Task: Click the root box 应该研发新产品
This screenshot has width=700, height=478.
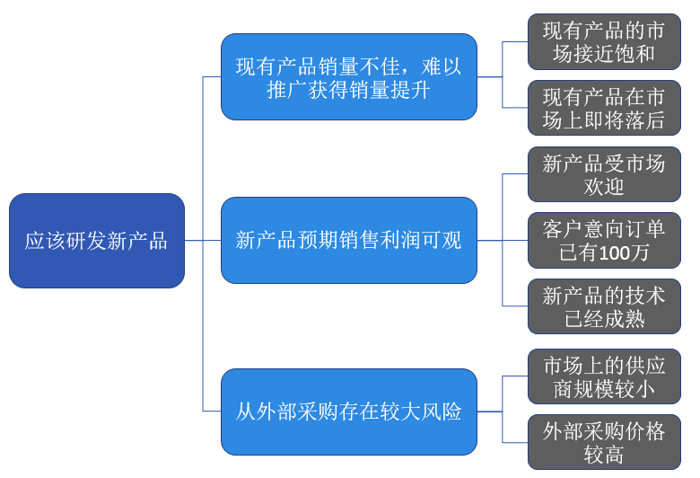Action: tap(97, 241)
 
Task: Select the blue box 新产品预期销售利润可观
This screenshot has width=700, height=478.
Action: tap(349, 241)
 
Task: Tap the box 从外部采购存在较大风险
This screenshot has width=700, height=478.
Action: tap(349, 412)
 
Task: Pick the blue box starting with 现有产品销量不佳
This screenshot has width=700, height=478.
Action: tap(349, 77)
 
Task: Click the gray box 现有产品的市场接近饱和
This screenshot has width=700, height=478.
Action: tap(604, 41)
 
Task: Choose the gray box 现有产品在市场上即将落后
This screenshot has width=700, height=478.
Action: tap(604, 108)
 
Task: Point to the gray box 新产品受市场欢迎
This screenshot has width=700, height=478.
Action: tap(604, 174)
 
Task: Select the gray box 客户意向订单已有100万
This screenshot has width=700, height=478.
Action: tap(604, 241)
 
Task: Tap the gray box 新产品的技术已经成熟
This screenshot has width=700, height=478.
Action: tap(604, 306)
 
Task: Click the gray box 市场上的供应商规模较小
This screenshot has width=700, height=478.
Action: tap(604, 376)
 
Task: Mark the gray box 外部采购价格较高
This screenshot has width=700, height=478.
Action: tap(604, 442)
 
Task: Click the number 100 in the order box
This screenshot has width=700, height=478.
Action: tap(613, 253)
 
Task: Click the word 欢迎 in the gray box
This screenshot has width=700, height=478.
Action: tap(604, 187)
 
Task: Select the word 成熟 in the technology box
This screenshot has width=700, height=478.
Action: tap(625, 319)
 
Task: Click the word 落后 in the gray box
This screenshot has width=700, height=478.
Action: tap(644, 119)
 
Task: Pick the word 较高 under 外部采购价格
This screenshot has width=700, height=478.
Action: tap(604, 455)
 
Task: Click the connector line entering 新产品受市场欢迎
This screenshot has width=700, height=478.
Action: tap(515, 174)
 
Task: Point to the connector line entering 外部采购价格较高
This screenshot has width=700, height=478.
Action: tap(515, 442)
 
